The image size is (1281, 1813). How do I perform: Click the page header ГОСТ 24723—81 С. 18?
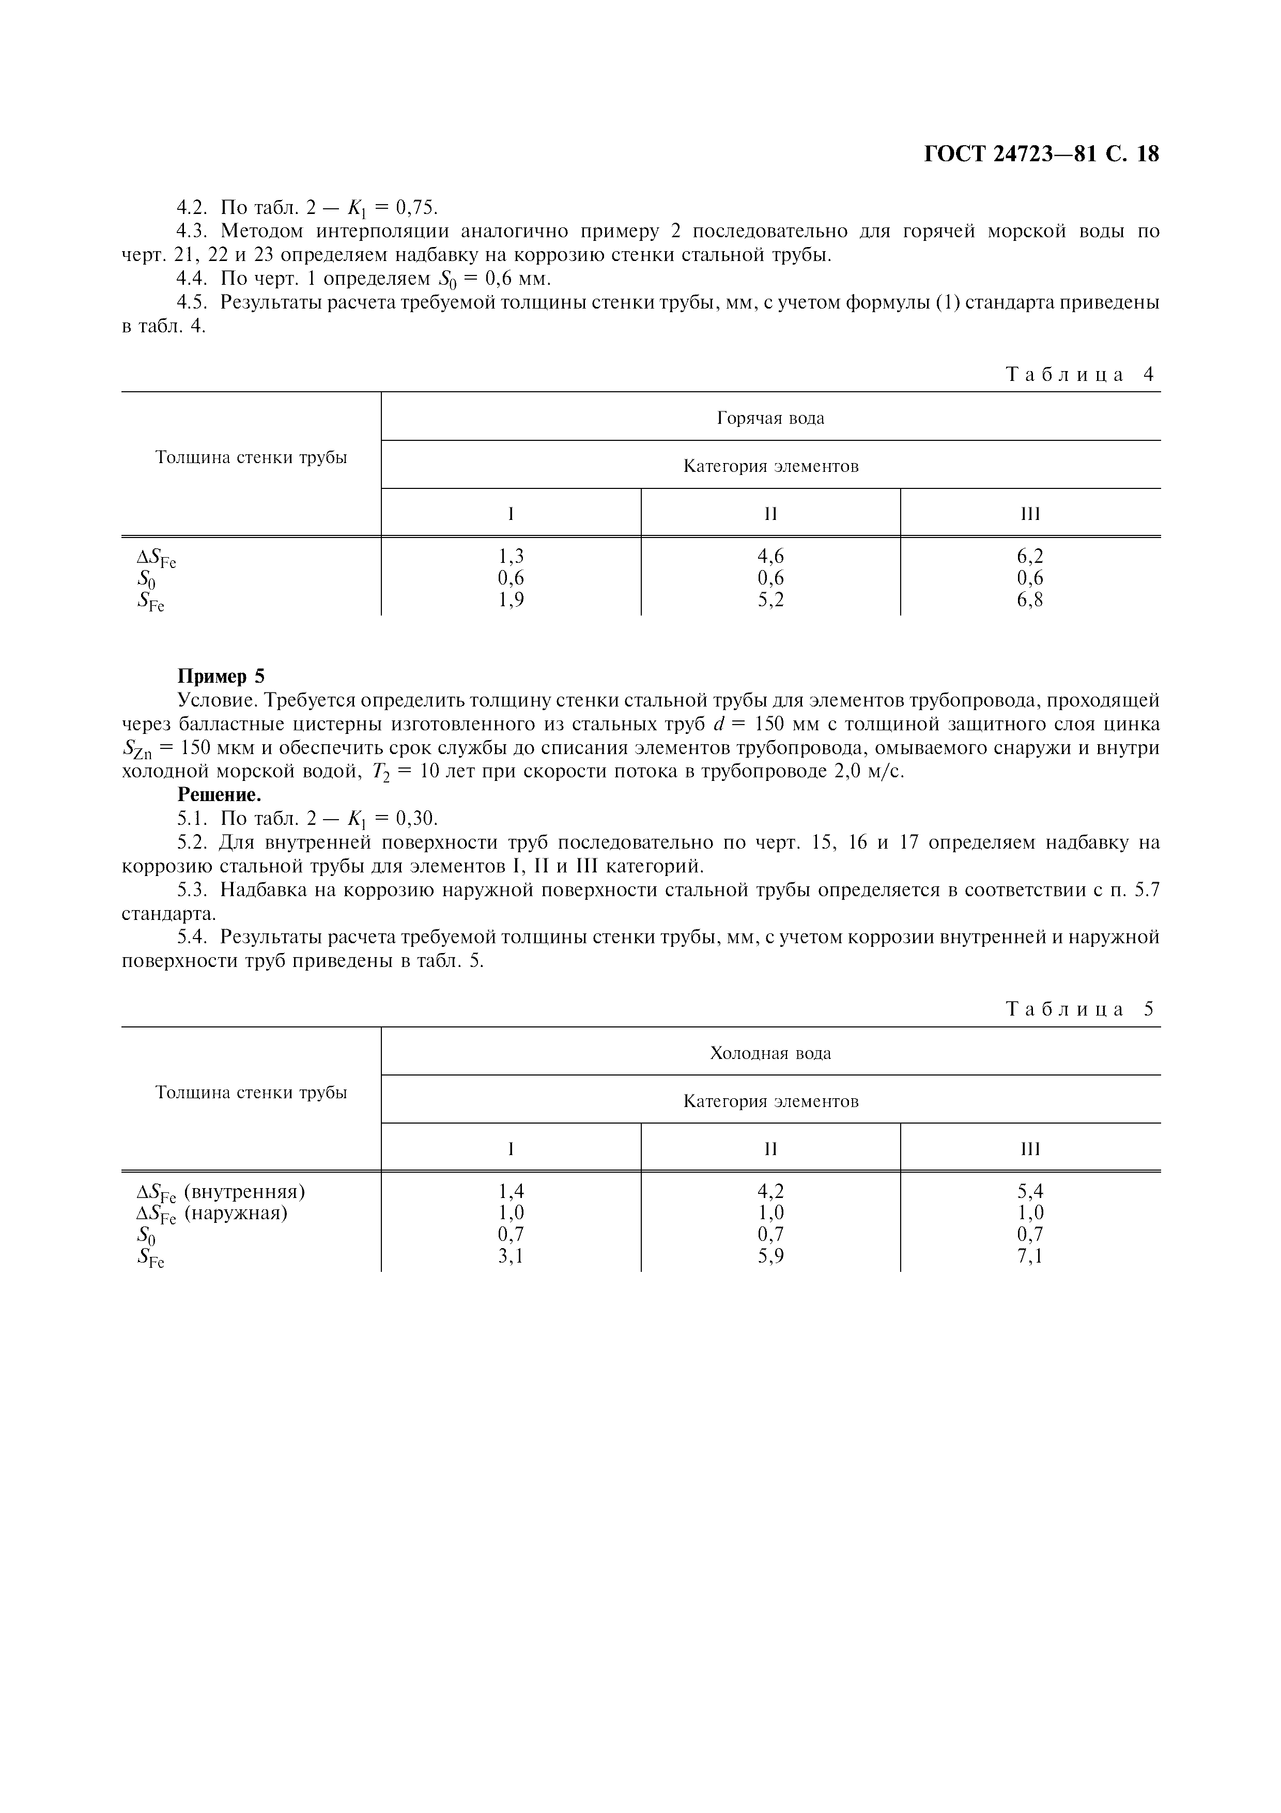[x=1041, y=154]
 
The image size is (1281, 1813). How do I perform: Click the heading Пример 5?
[x=221, y=676]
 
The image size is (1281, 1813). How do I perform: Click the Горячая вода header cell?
[x=770, y=418]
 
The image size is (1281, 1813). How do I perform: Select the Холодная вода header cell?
[x=770, y=1053]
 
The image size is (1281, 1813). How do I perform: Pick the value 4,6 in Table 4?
[x=770, y=557]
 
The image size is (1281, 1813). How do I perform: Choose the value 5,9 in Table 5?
[x=770, y=1256]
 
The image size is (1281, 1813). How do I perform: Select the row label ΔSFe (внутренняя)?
[x=221, y=1192]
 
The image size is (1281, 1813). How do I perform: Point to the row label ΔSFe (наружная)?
[x=211, y=1213]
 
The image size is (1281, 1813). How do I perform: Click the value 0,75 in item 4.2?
[x=416, y=208]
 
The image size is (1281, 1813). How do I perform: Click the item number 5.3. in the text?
[x=193, y=890]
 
